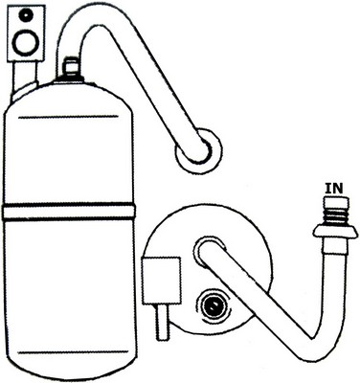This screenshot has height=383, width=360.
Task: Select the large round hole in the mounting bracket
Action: click(x=25, y=41)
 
